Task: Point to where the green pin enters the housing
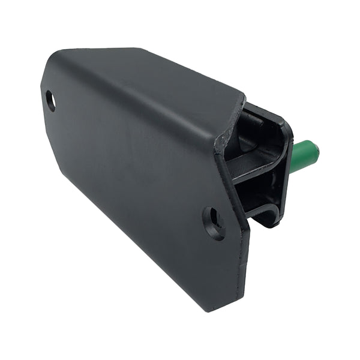(292, 161)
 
